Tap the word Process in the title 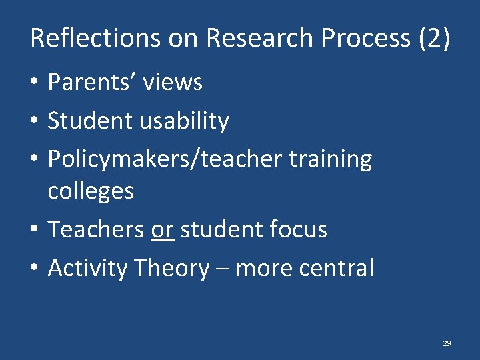pos(365,38)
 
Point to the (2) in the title pos(433,38)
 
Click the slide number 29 pos(447,343)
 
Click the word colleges pos(91,191)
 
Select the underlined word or pos(163,230)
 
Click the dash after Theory pos(222,269)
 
